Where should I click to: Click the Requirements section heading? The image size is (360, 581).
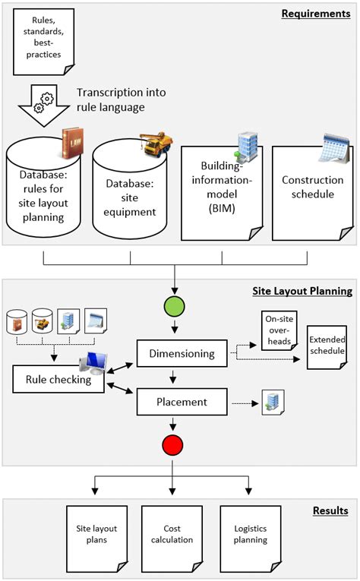click(315, 14)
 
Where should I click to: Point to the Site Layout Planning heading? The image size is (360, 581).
click(302, 291)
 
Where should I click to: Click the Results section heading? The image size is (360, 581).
click(330, 511)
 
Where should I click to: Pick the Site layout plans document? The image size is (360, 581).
click(96, 534)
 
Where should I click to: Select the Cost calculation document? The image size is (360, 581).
click(177, 534)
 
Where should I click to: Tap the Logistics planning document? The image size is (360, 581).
click(250, 534)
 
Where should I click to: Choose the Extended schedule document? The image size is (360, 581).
click(327, 348)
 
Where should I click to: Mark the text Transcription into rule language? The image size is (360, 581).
click(122, 99)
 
